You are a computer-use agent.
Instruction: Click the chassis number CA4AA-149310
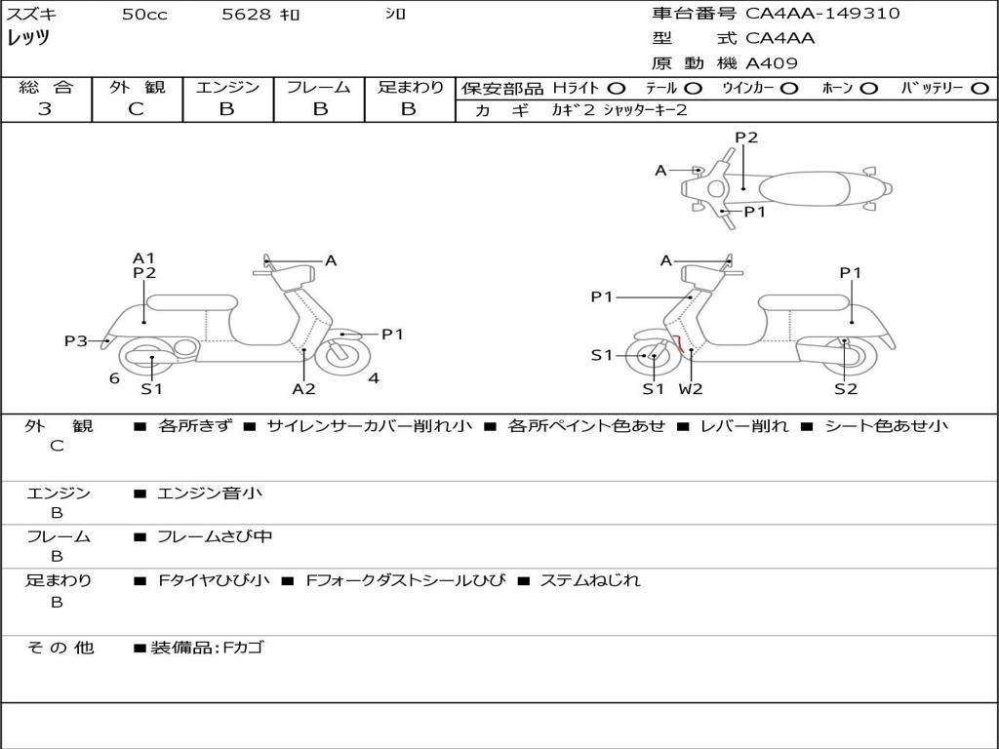[x=822, y=14]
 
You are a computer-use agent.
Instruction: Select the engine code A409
[x=772, y=63]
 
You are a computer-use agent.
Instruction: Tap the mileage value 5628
[x=246, y=14]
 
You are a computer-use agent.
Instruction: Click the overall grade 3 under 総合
[x=45, y=109]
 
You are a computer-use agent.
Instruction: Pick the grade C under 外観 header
[x=136, y=109]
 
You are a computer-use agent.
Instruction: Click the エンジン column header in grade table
[x=227, y=87]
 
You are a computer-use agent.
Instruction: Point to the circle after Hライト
[x=617, y=89]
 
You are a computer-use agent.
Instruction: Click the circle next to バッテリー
[x=979, y=89]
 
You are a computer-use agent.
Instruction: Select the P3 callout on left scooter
[x=76, y=340]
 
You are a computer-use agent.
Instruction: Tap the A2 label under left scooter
[x=304, y=388]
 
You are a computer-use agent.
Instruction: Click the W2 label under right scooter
[x=691, y=388]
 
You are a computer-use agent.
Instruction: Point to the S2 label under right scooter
[x=846, y=388]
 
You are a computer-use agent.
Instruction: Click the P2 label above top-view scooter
[x=746, y=138]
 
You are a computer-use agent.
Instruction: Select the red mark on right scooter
[x=680, y=343]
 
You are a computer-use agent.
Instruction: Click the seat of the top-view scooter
[x=805, y=189]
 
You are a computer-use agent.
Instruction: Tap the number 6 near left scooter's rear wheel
[x=115, y=378]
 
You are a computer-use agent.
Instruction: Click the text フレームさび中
[x=215, y=537]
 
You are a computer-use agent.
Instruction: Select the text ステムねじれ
[x=590, y=580]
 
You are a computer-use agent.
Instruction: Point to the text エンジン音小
[x=210, y=493]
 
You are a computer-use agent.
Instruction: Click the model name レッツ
[x=28, y=38]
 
